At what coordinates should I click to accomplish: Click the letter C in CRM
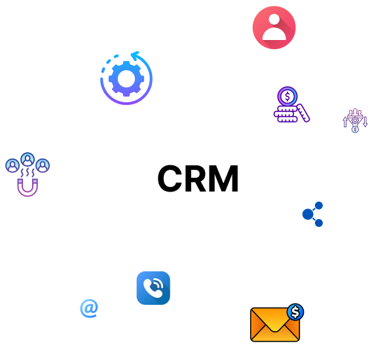tap(170, 178)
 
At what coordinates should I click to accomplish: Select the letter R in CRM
tap(197, 178)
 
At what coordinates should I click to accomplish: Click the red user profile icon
tap(274, 28)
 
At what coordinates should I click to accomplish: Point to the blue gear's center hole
tap(126, 79)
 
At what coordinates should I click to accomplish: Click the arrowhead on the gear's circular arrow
tap(135, 55)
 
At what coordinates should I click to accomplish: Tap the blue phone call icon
tap(153, 288)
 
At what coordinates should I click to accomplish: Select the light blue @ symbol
tap(89, 308)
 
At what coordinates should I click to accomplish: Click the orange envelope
tap(275, 325)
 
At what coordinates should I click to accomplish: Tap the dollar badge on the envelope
tap(295, 312)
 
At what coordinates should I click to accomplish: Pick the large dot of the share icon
tap(308, 214)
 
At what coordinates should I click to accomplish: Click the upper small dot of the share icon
tap(319, 205)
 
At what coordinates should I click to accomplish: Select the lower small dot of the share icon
tap(319, 223)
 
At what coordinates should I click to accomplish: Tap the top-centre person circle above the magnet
tap(28, 159)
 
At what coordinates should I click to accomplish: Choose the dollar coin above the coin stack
tap(287, 96)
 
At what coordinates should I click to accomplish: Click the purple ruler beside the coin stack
tap(303, 113)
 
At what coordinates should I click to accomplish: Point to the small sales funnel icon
tap(355, 121)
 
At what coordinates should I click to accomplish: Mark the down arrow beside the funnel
tap(365, 122)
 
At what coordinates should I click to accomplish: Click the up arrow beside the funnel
tap(345, 122)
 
